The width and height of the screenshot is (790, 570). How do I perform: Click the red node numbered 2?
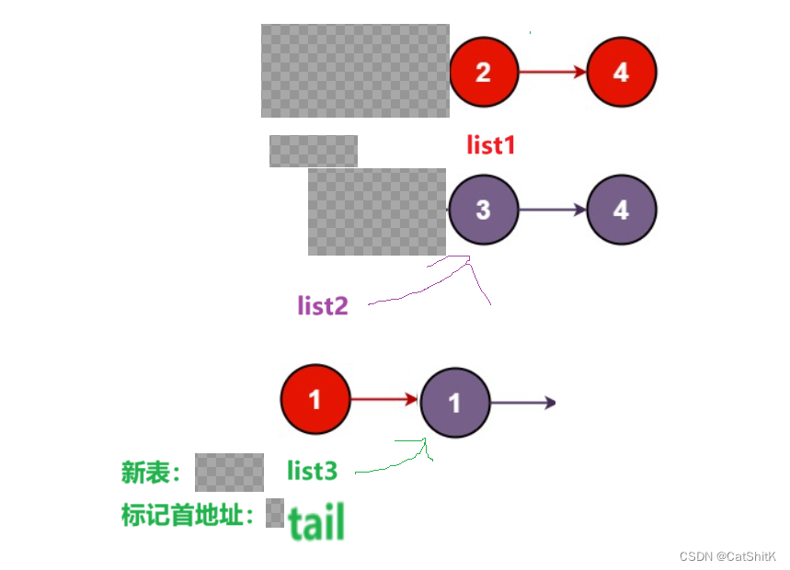[484, 73]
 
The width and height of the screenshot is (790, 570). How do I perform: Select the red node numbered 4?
[621, 73]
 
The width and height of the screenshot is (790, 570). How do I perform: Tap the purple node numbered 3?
[484, 210]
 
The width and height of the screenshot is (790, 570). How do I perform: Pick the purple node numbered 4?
[621, 210]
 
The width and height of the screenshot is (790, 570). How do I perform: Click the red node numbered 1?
[315, 400]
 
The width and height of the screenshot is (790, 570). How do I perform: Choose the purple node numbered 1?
[455, 402]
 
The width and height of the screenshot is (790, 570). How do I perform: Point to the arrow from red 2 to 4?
[552, 73]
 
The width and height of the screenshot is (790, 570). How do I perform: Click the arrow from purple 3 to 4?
[552, 210]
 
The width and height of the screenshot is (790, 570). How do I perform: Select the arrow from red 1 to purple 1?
[384, 399]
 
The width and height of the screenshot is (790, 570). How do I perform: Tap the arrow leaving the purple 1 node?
[522, 403]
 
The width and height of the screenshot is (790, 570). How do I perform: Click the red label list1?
[490, 144]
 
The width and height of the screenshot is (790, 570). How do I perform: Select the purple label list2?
[323, 305]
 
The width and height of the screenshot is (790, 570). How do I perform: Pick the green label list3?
[312, 472]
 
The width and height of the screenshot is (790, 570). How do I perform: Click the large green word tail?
[316, 521]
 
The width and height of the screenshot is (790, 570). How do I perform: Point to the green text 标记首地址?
[187, 515]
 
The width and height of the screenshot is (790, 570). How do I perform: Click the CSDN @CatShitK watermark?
[727, 557]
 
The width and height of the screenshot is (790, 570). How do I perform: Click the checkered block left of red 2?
[355, 71]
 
